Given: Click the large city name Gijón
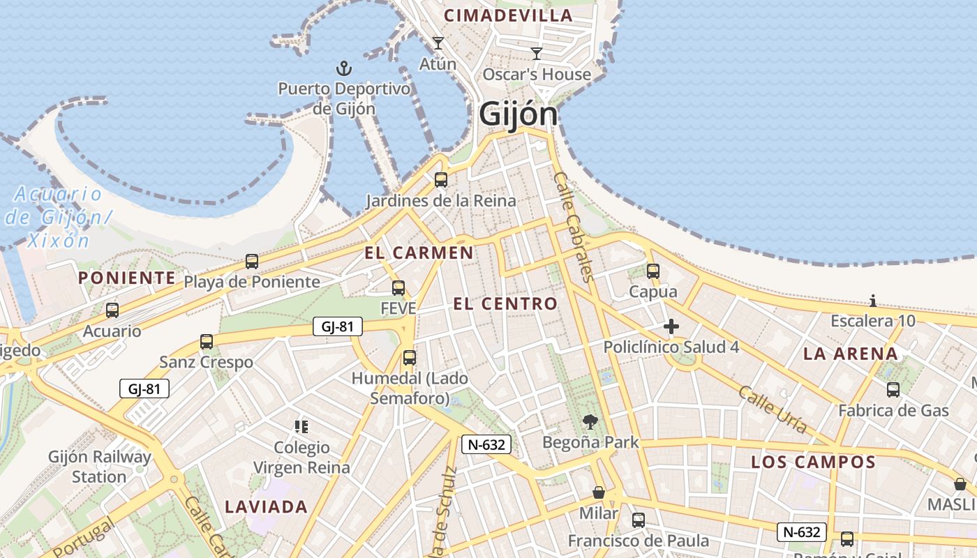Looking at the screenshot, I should tap(519, 115).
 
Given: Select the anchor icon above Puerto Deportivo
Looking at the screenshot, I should tap(343, 68).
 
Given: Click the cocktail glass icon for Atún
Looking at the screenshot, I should tap(438, 43).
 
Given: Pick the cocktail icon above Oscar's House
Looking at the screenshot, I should tap(537, 54).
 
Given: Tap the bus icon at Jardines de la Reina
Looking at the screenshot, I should tap(441, 180).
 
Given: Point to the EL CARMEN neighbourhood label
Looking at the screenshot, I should tap(419, 252).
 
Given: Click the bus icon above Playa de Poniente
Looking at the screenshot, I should tap(252, 262).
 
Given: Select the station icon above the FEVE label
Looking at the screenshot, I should tap(398, 287).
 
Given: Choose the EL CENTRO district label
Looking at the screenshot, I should tap(505, 303).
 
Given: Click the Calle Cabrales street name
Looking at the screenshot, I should tap(574, 227).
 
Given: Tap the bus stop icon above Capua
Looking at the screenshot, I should tap(653, 271).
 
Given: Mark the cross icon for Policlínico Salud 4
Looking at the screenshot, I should tap(671, 326).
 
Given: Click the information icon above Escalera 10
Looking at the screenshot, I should tap(873, 301).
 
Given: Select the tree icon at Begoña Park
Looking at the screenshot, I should tap(590, 421).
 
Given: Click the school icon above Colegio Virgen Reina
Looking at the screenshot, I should tap(301, 426).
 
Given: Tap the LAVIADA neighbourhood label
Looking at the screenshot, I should tap(266, 507).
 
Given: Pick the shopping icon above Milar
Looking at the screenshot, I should tap(599, 493).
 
